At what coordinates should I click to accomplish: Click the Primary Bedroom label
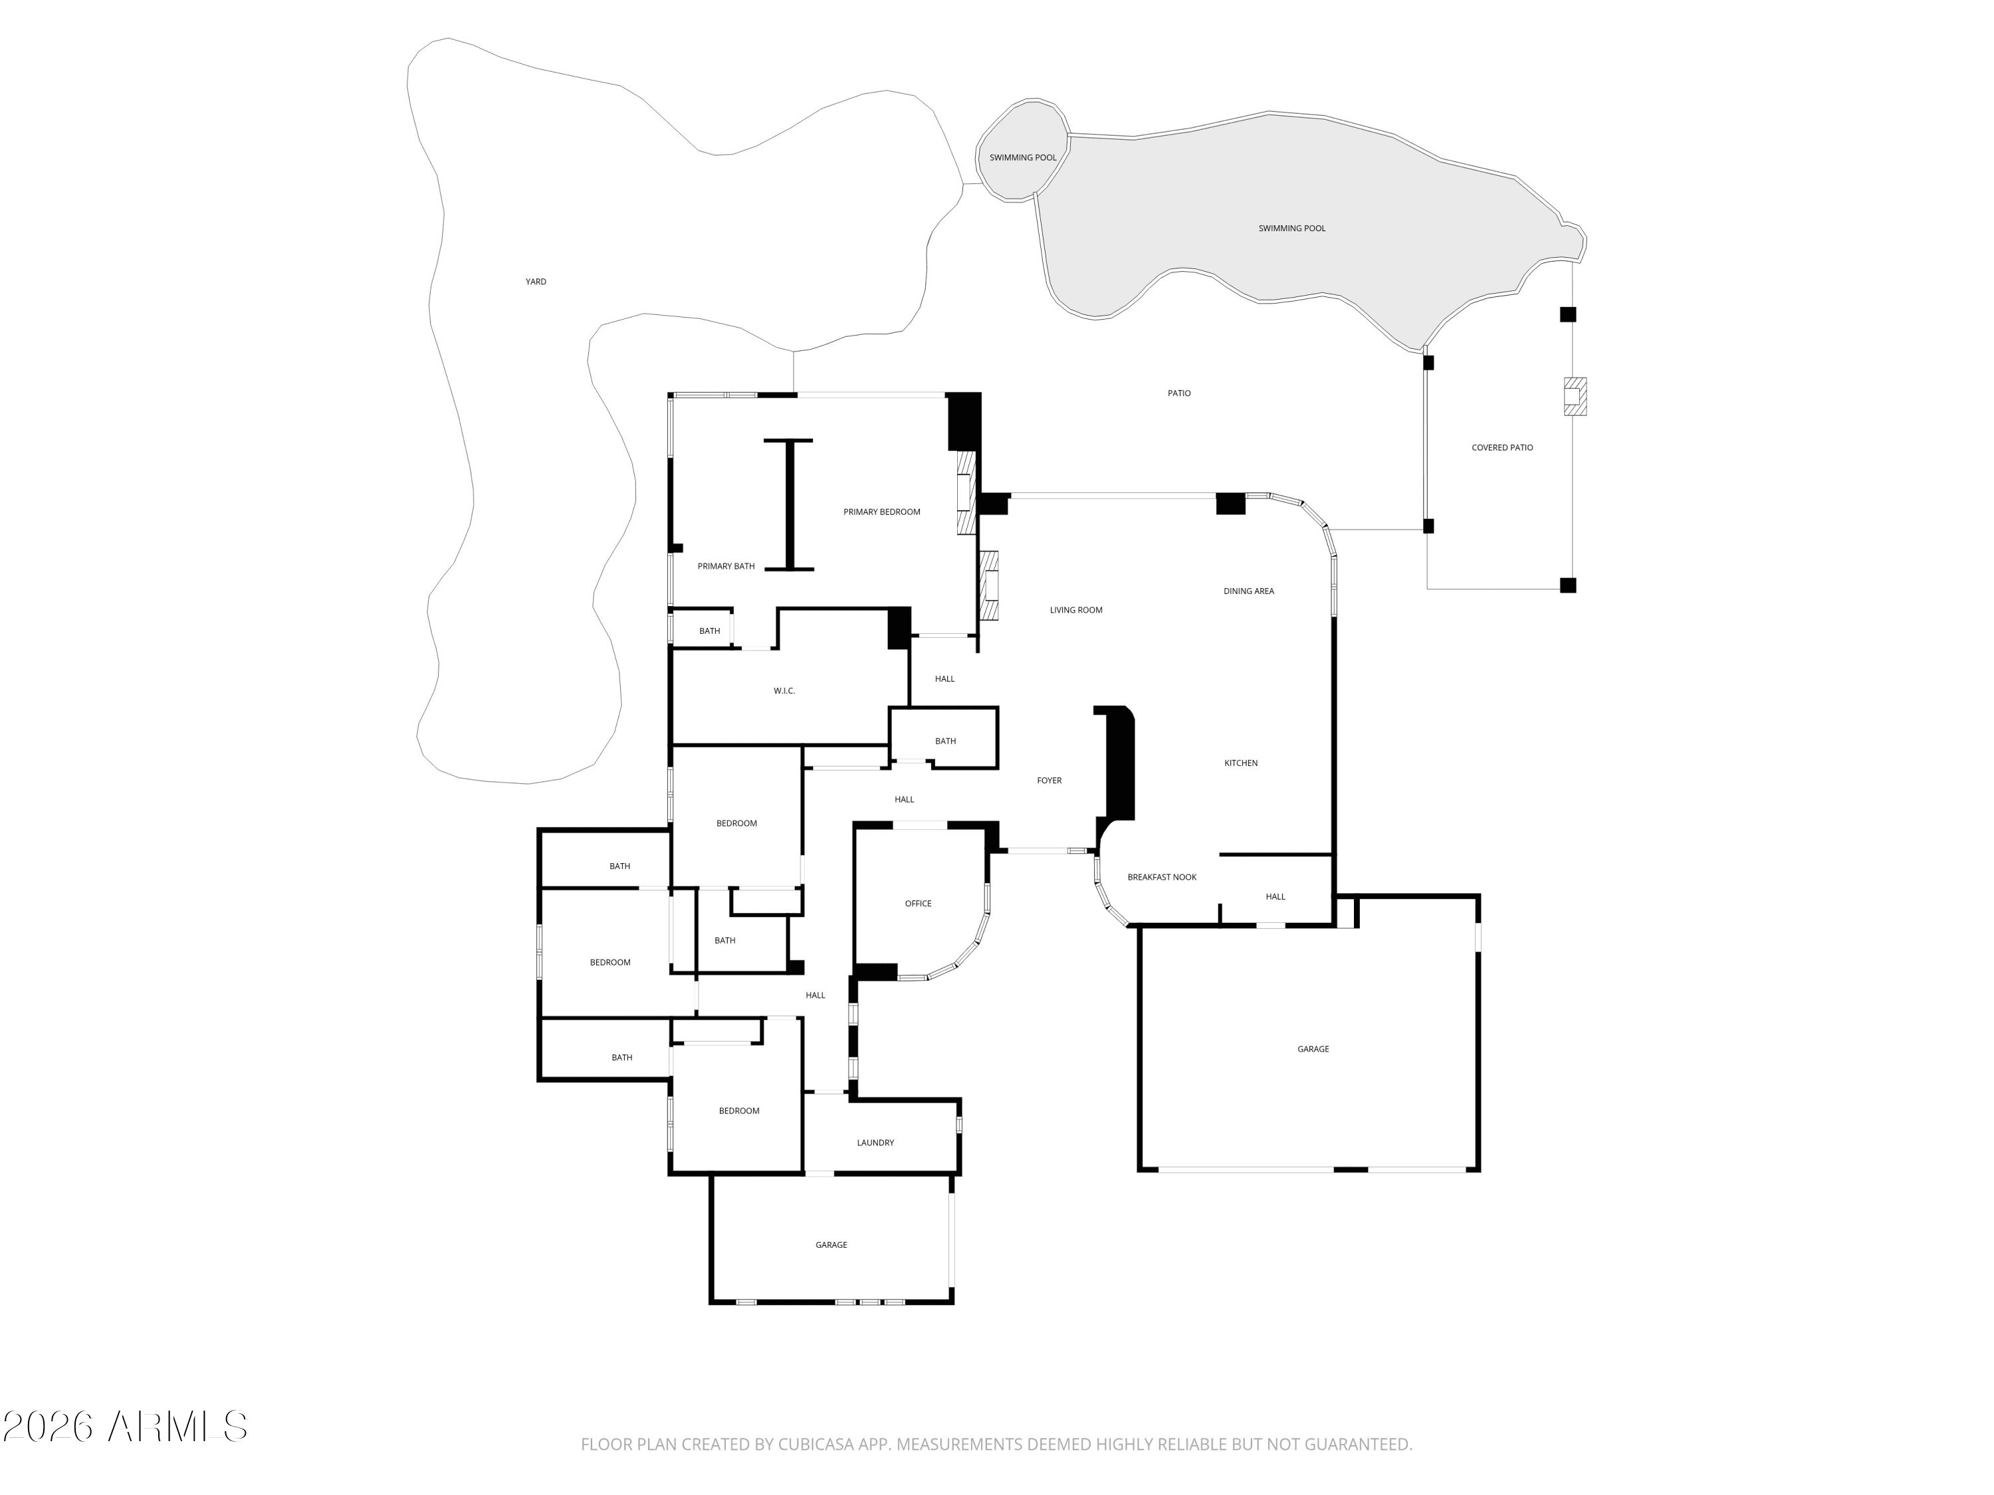tap(881, 512)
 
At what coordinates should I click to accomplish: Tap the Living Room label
tap(1075, 610)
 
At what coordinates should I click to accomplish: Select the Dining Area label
tap(1248, 591)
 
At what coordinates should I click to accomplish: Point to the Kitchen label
tap(1240, 763)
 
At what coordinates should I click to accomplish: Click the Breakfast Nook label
tap(1162, 877)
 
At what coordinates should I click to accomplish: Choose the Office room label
tap(918, 903)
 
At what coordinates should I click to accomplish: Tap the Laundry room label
tap(875, 1143)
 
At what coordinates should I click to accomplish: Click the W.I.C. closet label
tap(784, 691)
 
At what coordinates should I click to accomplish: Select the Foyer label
tap(1050, 781)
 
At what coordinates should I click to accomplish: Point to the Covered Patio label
tap(1501, 448)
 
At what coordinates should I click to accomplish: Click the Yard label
tap(536, 282)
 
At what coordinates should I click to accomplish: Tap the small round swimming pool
tap(1023, 149)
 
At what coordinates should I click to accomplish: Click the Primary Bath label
tap(726, 567)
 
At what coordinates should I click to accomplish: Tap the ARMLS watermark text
tap(124, 1426)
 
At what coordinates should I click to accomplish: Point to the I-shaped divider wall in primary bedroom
tap(789, 504)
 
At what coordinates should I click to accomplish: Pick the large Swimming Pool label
tap(1291, 229)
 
